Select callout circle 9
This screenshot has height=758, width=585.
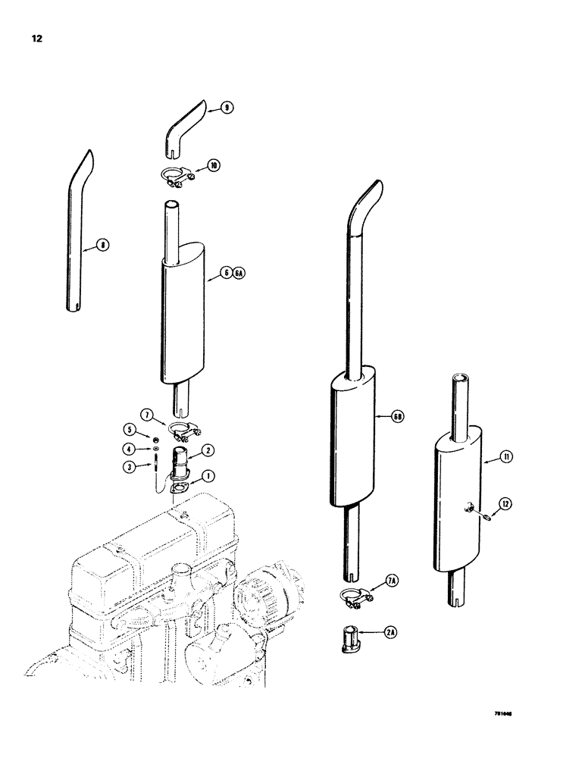(x=227, y=108)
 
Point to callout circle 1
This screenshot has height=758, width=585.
(x=207, y=477)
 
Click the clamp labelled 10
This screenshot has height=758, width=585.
(x=177, y=178)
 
